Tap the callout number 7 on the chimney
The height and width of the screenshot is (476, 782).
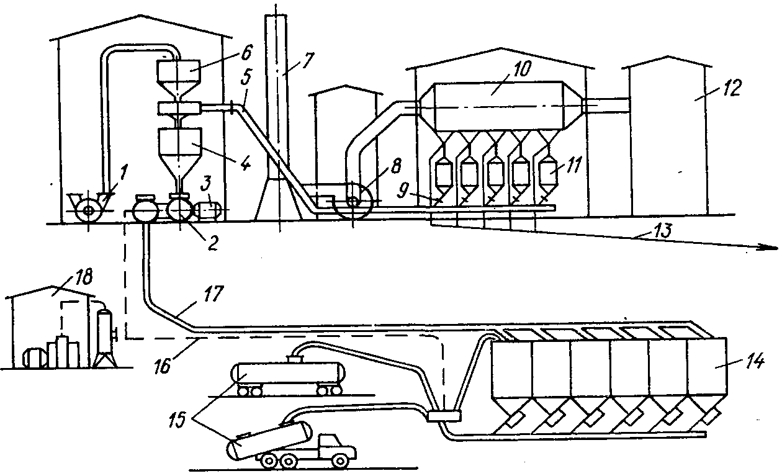point(308,60)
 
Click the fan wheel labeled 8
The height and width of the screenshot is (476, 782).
point(354,201)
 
